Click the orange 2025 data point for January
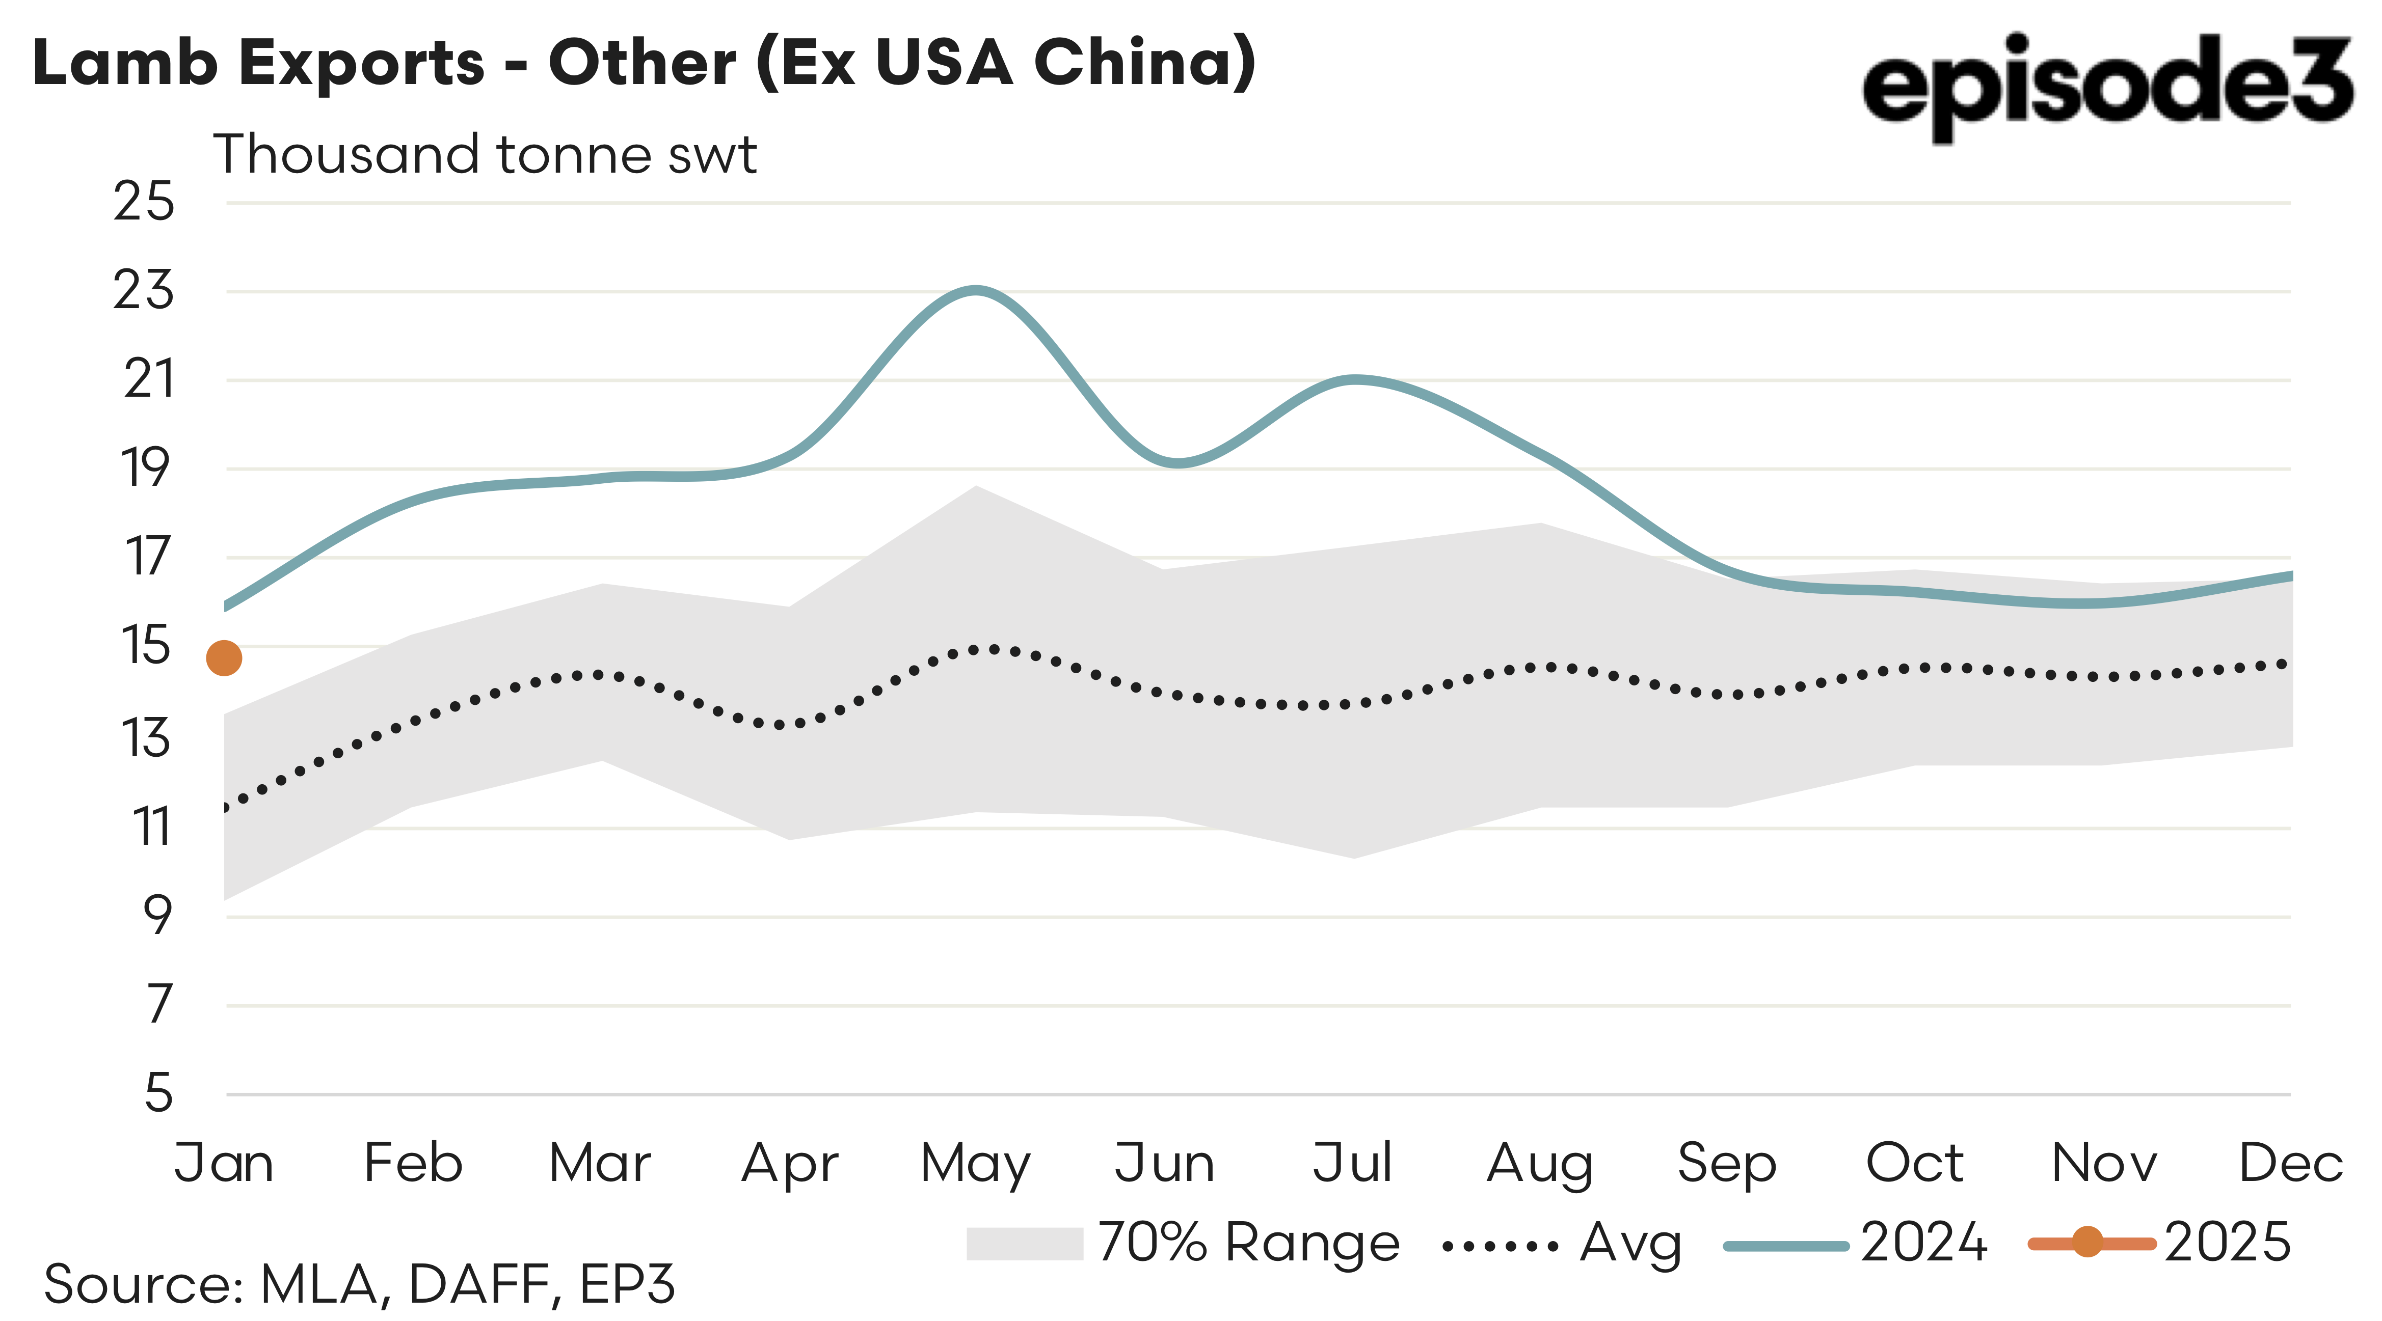[x=224, y=658]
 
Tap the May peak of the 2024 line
[x=976, y=290]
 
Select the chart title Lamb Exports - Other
[x=644, y=63]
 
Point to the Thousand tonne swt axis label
[x=485, y=154]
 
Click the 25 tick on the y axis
[x=143, y=202]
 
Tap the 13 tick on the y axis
[x=145, y=738]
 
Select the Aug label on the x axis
[x=1540, y=1164]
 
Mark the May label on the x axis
[x=976, y=1164]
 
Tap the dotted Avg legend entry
[x=1563, y=1244]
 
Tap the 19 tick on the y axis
[x=145, y=469]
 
